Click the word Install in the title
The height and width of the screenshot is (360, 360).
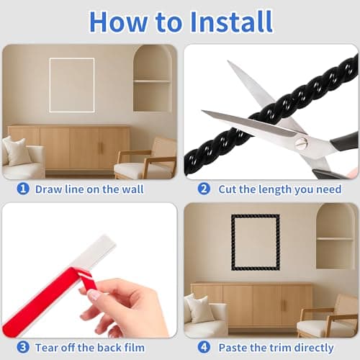tap(231, 22)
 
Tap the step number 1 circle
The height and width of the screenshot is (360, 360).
tap(23, 189)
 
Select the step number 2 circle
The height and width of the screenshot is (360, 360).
tap(204, 189)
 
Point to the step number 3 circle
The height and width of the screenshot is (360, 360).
tap(23, 347)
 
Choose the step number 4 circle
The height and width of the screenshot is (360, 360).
tap(204, 347)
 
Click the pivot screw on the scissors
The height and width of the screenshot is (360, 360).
tap(300, 143)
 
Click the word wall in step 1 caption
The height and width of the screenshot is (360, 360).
tap(132, 189)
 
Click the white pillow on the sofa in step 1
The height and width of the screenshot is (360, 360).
tap(16, 151)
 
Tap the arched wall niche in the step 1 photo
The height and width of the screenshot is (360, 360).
tap(153, 78)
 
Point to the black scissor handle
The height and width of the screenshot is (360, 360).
tap(346, 142)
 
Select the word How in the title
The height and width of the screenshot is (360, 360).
tap(119, 22)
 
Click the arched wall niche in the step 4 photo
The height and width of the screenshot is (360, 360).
tap(336, 236)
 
